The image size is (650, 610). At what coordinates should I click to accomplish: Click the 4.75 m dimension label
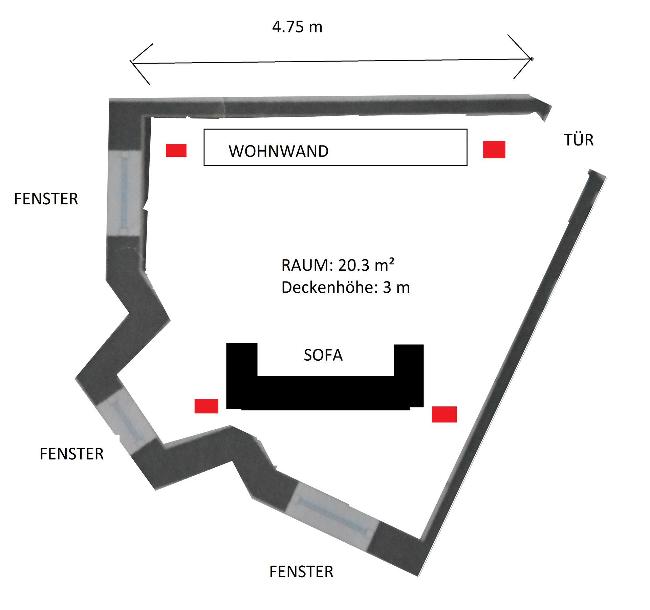tap(297, 27)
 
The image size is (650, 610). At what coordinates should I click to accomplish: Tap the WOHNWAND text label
tap(278, 151)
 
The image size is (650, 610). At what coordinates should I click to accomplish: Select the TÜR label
tap(579, 140)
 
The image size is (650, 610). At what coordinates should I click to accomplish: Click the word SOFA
tap(323, 355)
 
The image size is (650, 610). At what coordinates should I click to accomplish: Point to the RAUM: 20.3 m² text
tap(338, 265)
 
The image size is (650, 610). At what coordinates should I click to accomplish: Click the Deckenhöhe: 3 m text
tap(345, 288)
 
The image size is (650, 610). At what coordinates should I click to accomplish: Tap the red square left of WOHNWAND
tap(176, 150)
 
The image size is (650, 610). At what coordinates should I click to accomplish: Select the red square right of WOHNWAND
tap(494, 150)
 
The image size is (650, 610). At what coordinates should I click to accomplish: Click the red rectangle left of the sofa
tap(206, 406)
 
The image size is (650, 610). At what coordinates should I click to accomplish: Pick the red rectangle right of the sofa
tap(444, 414)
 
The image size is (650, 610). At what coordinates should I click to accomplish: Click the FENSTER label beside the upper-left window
tap(46, 199)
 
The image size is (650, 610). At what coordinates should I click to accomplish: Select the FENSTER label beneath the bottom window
tap(301, 572)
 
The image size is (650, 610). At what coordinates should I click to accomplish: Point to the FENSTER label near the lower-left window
tap(71, 454)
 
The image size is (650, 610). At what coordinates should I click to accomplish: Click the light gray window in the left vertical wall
tap(124, 193)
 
